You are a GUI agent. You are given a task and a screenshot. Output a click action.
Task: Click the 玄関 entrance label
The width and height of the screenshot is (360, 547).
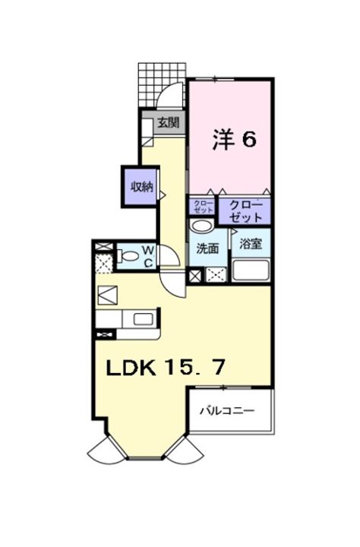(x=169, y=122)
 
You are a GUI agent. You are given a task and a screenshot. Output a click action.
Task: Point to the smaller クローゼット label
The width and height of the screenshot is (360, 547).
(x=203, y=207)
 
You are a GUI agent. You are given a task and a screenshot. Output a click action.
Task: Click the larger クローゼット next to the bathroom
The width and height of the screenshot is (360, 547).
(x=245, y=210)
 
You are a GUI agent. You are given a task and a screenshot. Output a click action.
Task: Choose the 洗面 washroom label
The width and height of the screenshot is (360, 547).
(x=208, y=248)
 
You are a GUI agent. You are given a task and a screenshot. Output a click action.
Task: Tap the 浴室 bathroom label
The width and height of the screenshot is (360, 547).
(x=250, y=244)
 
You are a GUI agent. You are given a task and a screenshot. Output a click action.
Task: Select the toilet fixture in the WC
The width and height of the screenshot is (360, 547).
(x=128, y=256)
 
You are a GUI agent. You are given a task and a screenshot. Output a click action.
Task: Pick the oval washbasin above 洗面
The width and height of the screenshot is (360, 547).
(x=202, y=226)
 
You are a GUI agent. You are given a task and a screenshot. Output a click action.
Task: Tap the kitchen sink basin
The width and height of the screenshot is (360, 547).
(x=142, y=320)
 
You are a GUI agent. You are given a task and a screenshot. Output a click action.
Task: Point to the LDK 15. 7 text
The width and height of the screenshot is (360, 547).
(x=165, y=368)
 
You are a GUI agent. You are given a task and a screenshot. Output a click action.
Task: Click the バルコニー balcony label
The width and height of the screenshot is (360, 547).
(x=226, y=411)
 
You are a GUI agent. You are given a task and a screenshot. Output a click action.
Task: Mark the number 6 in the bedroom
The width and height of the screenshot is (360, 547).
(x=249, y=138)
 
